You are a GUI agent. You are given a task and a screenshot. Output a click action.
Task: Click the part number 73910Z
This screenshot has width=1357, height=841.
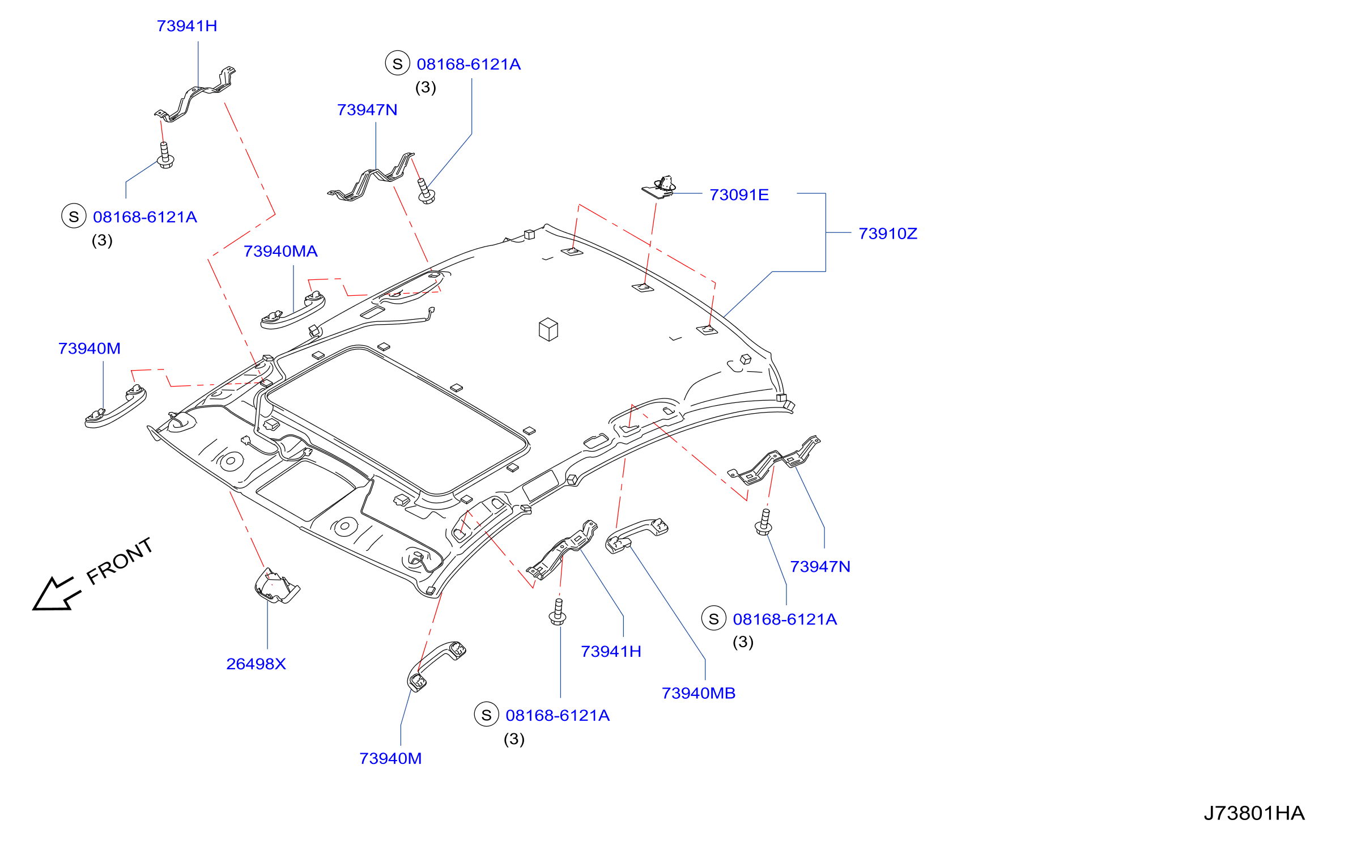point(887,233)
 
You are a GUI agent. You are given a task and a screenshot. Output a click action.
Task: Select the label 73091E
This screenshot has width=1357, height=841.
point(739,195)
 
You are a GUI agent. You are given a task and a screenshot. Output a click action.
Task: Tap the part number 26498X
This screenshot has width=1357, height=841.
point(256,664)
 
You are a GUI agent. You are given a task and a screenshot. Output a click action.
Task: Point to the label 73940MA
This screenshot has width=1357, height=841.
point(280,251)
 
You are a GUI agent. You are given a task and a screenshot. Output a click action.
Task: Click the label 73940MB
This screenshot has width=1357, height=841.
point(699,693)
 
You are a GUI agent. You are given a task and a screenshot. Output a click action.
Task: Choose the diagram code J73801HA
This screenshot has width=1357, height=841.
point(1254,813)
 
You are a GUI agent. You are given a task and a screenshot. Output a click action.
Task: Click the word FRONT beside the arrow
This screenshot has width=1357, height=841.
point(120,560)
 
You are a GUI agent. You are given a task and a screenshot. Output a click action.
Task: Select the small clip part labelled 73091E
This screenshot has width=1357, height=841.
point(659,187)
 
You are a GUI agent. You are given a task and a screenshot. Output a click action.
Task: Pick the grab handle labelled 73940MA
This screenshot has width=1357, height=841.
point(292,311)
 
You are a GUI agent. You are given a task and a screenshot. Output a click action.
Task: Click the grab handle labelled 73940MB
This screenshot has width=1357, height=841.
point(636,535)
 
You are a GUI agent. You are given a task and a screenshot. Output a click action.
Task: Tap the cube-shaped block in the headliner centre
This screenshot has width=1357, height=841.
point(548,329)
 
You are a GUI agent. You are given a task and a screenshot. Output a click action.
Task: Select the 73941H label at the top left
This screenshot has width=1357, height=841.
point(187,26)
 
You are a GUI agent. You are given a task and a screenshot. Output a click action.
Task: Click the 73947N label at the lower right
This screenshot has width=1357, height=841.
point(820,567)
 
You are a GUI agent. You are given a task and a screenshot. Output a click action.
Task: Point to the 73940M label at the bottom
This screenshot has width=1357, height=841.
point(390,758)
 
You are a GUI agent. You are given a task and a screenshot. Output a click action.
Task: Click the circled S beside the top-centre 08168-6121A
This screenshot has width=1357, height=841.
point(398,63)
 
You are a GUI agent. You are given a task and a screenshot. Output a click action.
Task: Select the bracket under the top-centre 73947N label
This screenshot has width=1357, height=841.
point(371,177)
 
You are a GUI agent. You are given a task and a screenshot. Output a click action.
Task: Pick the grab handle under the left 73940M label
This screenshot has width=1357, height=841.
point(116,406)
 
